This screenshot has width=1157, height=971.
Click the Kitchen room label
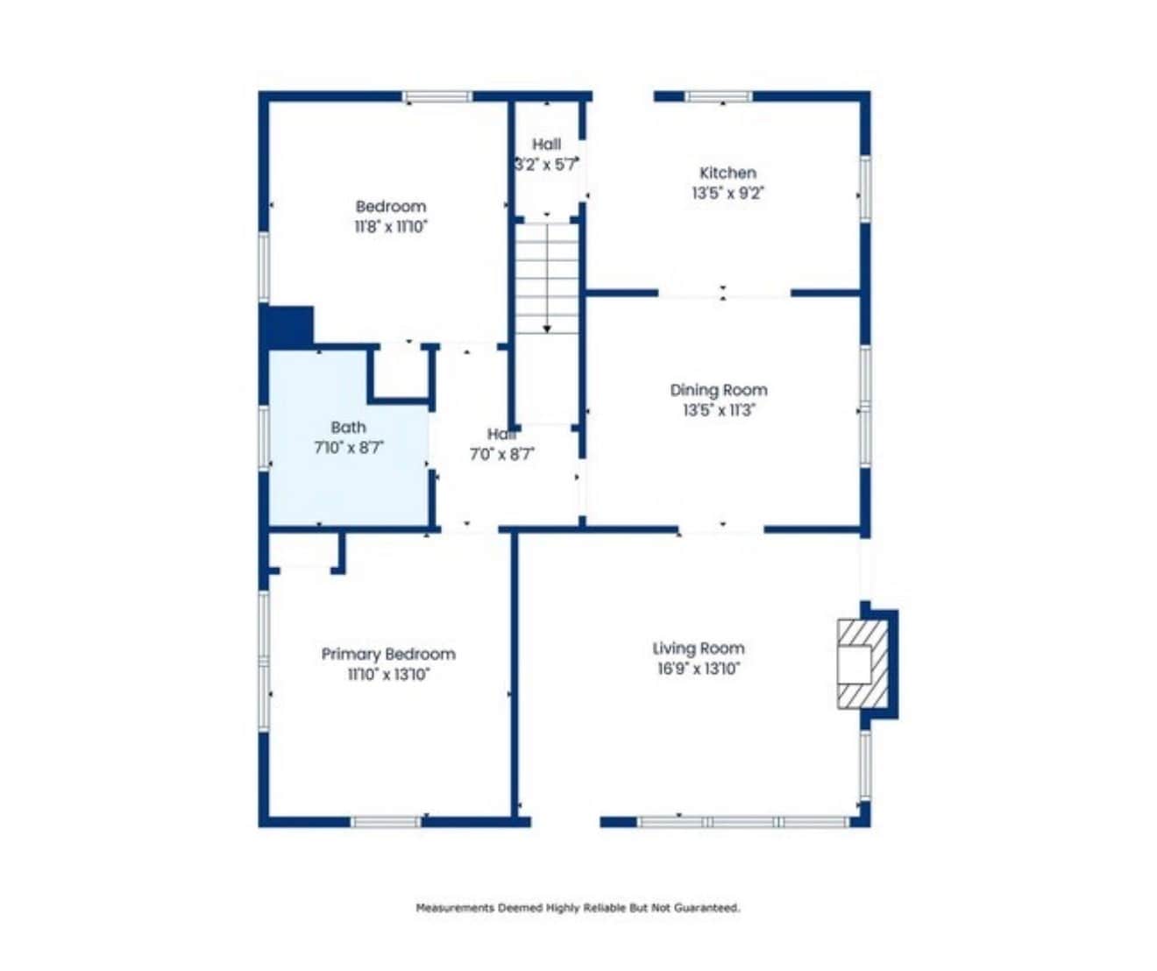pos(728,173)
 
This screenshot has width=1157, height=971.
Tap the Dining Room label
pos(719,390)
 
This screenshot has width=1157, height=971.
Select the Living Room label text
pos(699,649)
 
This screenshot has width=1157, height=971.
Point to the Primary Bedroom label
pos(388,654)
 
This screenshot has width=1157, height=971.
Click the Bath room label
pos(349,427)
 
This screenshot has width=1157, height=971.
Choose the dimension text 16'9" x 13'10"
pos(699,669)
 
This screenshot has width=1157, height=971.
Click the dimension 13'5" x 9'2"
pos(728,194)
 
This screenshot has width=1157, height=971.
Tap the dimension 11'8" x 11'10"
pos(391,227)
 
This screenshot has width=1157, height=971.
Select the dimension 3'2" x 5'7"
pos(547,165)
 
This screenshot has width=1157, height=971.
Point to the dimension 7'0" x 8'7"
pos(502,454)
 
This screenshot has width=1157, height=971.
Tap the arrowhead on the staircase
pos(547,329)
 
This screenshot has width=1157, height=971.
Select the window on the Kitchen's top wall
pos(719,96)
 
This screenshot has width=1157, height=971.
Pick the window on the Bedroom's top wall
pos(437,97)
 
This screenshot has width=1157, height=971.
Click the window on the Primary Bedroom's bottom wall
pos(387,821)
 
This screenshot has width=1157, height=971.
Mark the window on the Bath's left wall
pos(265,439)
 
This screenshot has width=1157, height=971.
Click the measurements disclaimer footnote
pos(578,908)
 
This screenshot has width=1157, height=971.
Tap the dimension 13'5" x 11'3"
pos(720,410)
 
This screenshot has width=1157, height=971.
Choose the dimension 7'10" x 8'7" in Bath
pos(349,448)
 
